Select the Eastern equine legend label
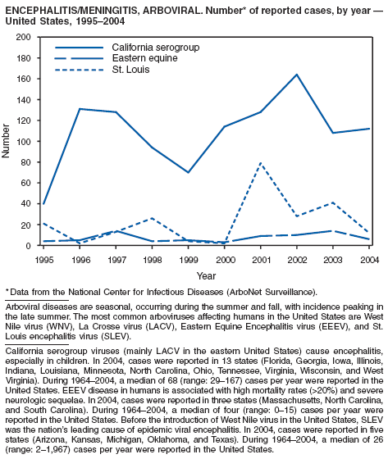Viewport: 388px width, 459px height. [x=144, y=58]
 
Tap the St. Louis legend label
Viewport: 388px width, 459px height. [x=130, y=70]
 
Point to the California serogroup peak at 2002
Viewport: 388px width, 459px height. [x=297, y=75]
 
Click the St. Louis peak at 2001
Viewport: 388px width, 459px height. [x=261, y=163]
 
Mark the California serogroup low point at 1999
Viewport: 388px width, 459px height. [x=188, y=172]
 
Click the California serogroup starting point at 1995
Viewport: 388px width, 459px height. [x=43, y=204]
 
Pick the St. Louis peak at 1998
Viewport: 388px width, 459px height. [x=152, y=218]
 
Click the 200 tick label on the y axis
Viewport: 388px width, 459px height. [x=24, y=37]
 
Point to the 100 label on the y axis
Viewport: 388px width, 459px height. [x=24, y=141]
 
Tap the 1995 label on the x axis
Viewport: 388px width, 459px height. [x=44, y=260]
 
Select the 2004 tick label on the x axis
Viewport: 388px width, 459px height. [x=369, y=260]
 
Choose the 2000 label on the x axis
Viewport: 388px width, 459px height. [x=225, y=260]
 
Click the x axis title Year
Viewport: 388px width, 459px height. [x=207, y=275]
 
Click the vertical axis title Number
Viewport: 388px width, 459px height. [x=6, y=141]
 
